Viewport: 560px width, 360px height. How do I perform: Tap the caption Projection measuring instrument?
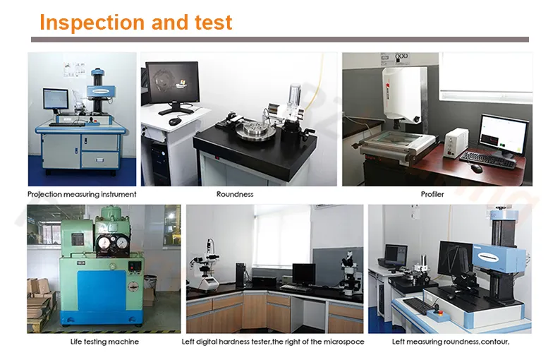coord(82,194)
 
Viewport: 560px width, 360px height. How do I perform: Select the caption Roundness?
coord(235,194)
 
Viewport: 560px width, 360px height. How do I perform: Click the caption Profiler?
coord(432,194)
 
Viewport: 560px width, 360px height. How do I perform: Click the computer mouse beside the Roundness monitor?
coord(174,121)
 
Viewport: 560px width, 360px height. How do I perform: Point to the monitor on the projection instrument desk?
coord(53,100)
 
